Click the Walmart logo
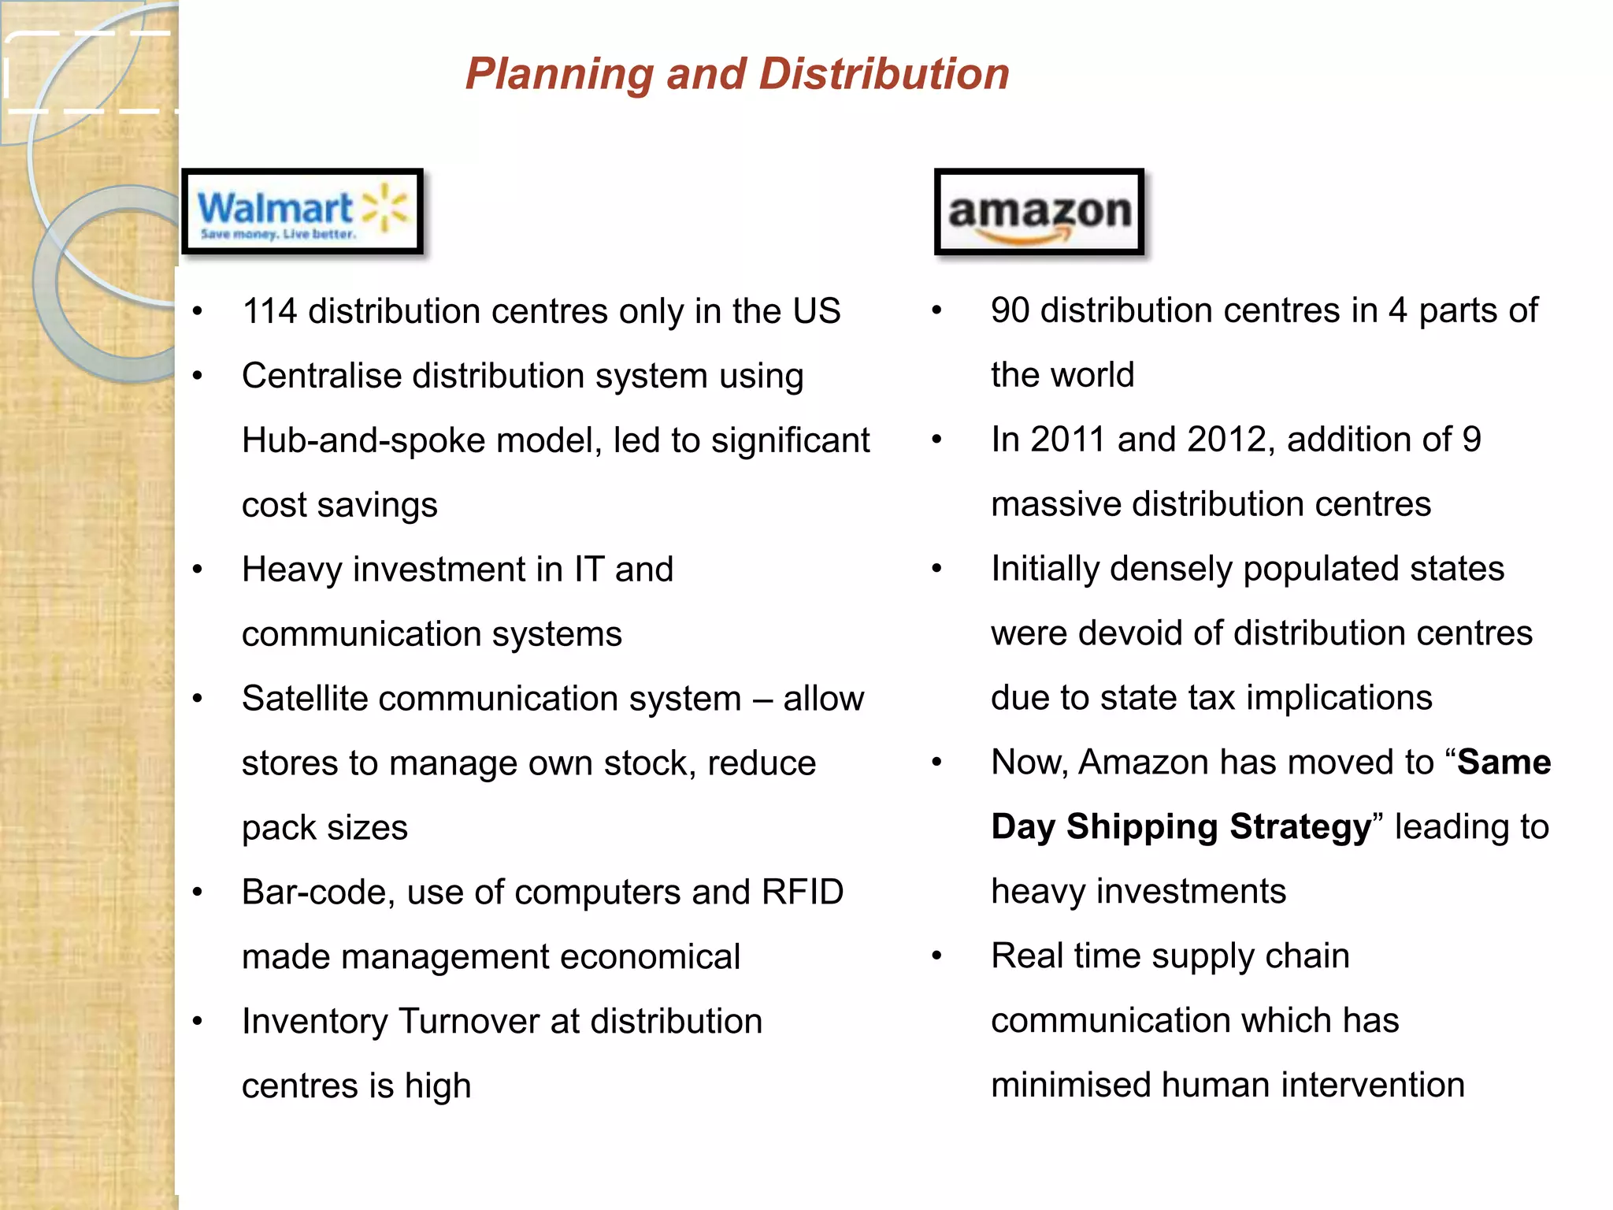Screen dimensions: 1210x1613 point(302,212)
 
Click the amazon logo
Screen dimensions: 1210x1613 point(1039,212)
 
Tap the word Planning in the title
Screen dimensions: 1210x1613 point(559,75)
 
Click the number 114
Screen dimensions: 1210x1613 point(269,311)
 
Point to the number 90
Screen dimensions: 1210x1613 point(1010,310)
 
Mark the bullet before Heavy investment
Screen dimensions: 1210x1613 point(198,569)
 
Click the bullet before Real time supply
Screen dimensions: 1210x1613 point(936,956)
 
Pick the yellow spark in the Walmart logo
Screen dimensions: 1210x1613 point(384,208)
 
